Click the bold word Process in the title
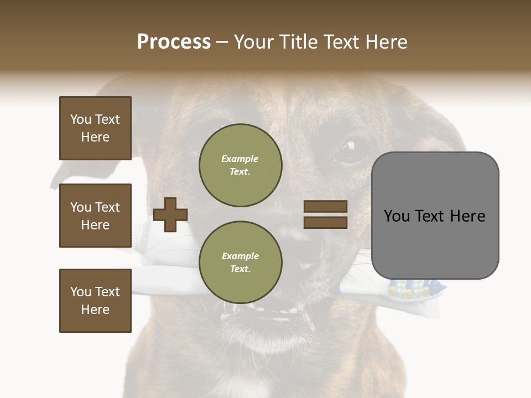[x=174, y=42]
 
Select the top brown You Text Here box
[x=95, y=128]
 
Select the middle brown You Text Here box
[x=95, y=216]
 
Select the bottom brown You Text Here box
[x=95, y=301]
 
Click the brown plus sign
[x=170, y=215]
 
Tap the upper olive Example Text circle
[x=241, y=165]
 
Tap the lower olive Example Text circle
[x=241, y=263]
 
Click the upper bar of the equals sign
[x=325, y=207]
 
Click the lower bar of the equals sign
[x=325, y=223]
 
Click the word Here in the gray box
[x=467, y=216]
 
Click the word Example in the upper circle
[x=240, y=159]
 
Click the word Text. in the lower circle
[x=240, y=269]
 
